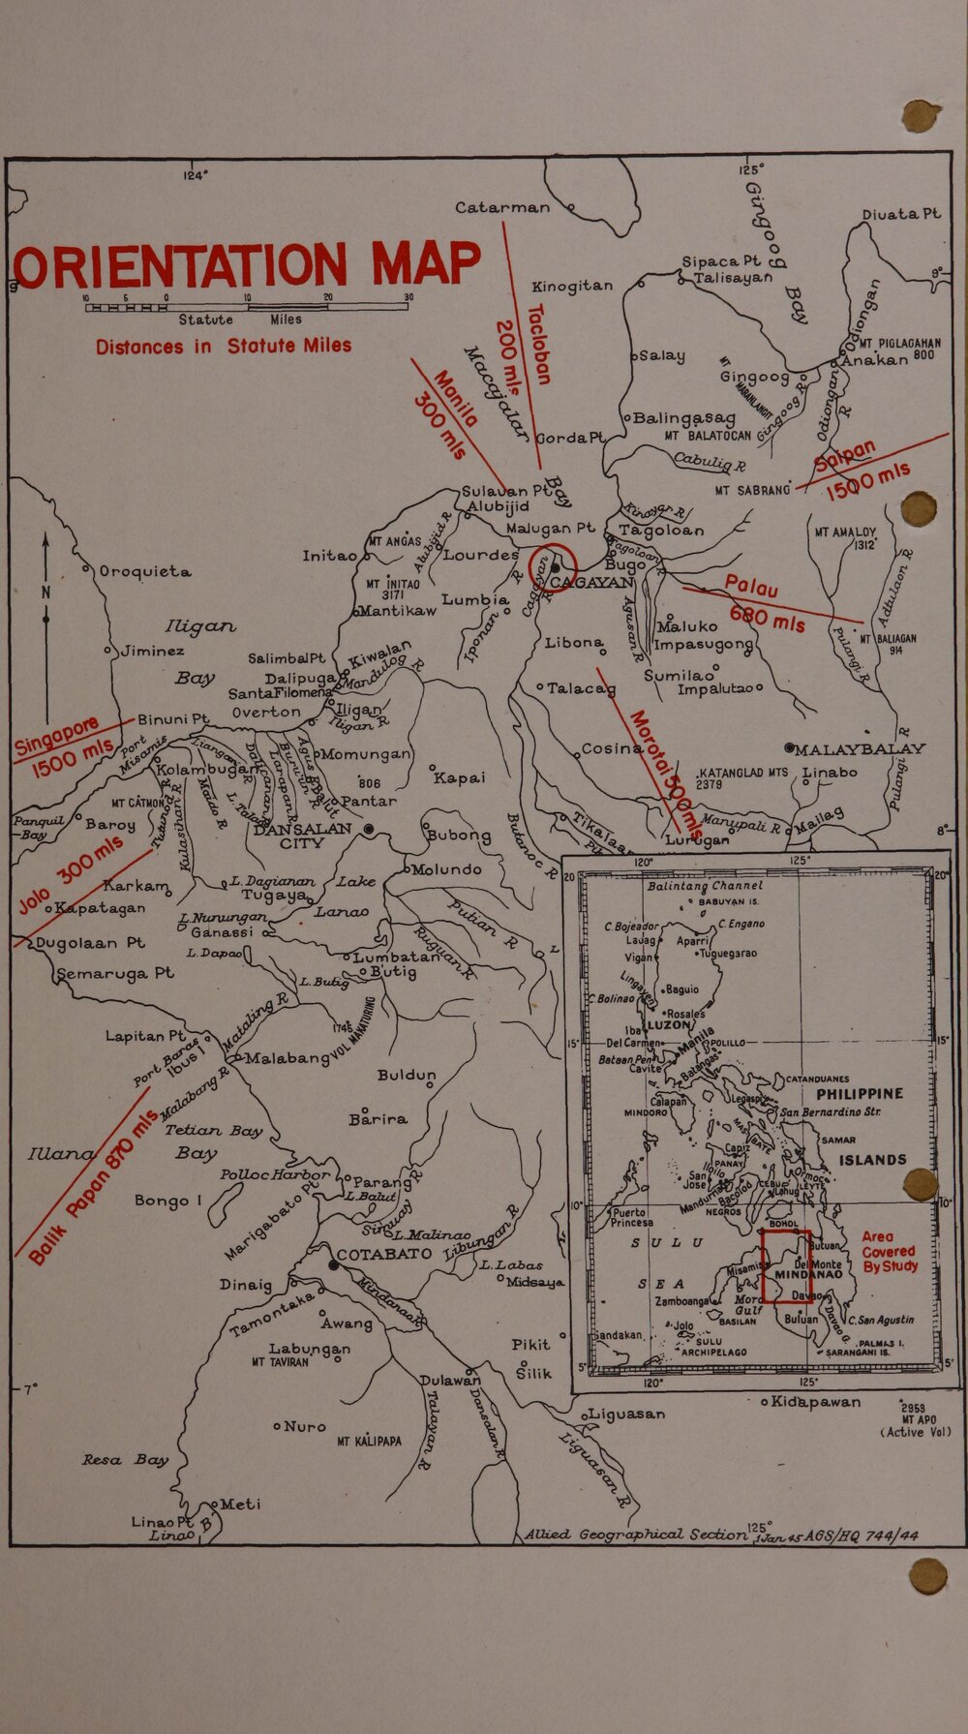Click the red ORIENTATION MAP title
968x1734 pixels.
(247, 265)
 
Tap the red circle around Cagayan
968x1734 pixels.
(554, 564)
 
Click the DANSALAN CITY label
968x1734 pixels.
(302, 836)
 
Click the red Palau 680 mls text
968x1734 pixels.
(765, 603)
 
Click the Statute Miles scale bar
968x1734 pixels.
(246, 307)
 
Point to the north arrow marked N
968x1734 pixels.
(45, 591)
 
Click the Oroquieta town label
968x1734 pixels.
(145, 571)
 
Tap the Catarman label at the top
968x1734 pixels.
(502, 207)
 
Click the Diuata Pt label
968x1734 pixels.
(900, 214)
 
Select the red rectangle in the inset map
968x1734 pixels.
(785, 1266)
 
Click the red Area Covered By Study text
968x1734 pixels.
(888, 1252)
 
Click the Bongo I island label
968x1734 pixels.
(168, 1201)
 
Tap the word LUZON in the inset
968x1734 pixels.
(668, 1024)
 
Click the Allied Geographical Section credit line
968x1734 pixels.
(635, 1535)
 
